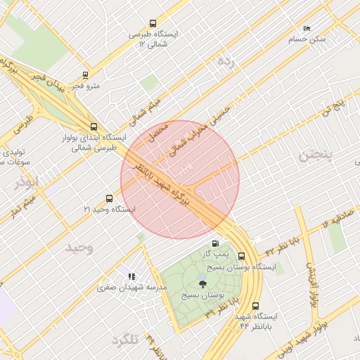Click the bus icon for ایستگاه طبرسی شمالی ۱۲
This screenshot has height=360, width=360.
[x=154, y=23]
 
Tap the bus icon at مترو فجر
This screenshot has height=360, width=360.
[x=86, y=75]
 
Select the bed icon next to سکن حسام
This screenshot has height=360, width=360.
[x=306, y=28]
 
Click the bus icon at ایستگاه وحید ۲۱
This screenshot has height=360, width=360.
[x=108, y=198]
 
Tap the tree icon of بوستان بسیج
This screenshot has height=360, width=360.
[x=203, y=285]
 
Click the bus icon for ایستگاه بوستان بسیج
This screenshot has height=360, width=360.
[x=242, y=257]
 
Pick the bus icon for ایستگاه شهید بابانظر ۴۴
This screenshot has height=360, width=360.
[x=255, y=306]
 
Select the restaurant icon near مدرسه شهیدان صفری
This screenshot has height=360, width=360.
[x=131, y=276]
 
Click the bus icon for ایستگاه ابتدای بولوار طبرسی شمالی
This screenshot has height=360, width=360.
[x=94, y=127]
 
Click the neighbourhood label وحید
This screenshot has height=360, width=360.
[x=79, y=248]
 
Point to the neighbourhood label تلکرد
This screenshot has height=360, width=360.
[x=124, y=340]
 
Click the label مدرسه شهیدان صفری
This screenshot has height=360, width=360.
[x=132, y=288]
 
